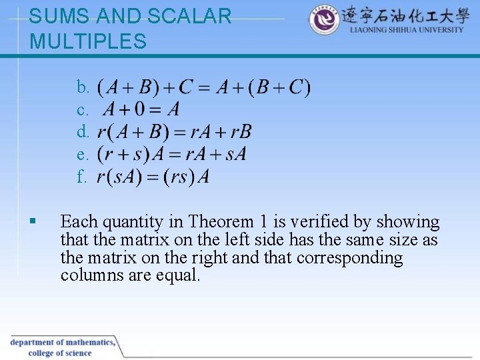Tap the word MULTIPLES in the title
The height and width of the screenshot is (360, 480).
[88, 41]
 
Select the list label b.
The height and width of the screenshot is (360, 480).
[83, 87]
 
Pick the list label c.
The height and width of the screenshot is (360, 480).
[83, 110]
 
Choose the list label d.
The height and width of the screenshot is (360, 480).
[83, 133]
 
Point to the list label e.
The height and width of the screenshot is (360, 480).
[83, 155]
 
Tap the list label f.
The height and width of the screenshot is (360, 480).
[82, 177]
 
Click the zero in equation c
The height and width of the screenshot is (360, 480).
[143, 109]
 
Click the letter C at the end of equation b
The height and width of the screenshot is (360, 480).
[295, 87]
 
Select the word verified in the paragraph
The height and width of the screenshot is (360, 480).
[333, 222]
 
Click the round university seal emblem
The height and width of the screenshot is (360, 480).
[324, 21]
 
